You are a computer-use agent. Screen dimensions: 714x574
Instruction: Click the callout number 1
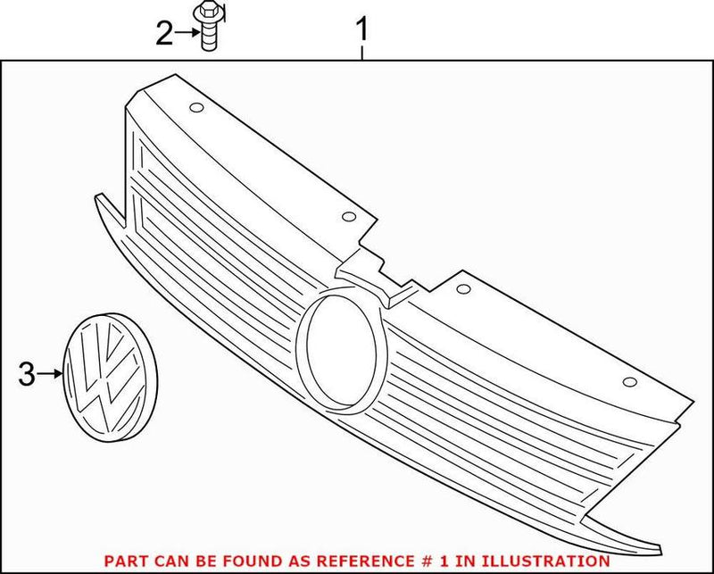(x=362, y=29)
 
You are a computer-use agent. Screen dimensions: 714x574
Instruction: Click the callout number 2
(x=164, y=33)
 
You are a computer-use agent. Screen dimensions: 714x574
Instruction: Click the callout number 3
(x=27, y=374)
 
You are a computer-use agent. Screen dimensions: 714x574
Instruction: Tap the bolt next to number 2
(x=209, y=28)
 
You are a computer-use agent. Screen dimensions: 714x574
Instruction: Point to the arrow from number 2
(x=187, y=32)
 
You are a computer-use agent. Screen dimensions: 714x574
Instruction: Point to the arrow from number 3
(x=50, y=374)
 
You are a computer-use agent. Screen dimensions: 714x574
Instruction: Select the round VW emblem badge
(x=110, y=378)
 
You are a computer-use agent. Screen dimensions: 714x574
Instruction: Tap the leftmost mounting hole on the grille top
(x=196, y=108)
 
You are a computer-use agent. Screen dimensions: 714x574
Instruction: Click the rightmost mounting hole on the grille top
(x=630, y=382)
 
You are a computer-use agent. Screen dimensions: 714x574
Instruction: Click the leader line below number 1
(x=362, y=53)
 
